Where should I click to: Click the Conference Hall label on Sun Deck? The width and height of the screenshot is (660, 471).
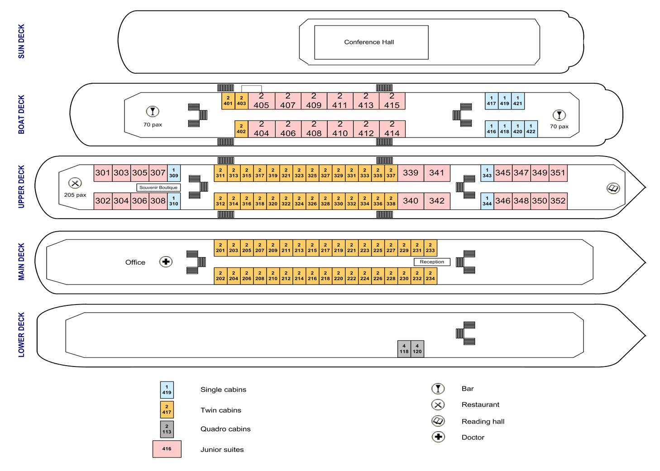click(x=369, y=42)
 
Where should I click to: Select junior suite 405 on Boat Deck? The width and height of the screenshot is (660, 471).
click(x=261, y=101)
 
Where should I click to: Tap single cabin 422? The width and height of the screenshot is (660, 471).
click(x=531, y=129)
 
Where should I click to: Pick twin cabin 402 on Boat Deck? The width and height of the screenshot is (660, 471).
click(x=241, y=129)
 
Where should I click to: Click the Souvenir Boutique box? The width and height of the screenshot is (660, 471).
click(x=158, y=187)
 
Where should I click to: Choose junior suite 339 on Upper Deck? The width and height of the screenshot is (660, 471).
click(x=411, y=173)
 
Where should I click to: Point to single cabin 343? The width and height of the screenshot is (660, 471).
click(x=487, y=173)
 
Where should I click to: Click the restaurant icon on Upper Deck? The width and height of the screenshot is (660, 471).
click(x=75, y=183)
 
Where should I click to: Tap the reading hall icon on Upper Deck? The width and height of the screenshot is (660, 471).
click(x=613, y=188)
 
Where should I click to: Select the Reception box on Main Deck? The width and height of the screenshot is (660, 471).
click(x=432, y=262)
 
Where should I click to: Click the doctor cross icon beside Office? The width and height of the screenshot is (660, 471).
click(x=166, y=262)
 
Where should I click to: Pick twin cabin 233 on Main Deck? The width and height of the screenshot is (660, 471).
click(x=430, y=247)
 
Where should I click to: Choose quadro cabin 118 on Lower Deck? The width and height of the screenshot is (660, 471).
click(x=404, y=349)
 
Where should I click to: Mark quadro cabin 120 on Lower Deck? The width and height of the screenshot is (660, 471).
click(x=417, y=349)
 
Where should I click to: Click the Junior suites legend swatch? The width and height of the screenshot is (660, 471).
click(x=167, y=449)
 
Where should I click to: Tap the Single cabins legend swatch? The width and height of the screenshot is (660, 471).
click(x=167, y=390)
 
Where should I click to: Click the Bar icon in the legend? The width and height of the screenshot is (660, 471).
click(x=438, y=389)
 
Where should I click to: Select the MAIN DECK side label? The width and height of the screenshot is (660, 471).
click(x=21, y=262)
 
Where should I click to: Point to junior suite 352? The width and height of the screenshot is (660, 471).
click(x=558, y=201)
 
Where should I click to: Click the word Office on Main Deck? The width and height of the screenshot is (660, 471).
click(x=135, y=262)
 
